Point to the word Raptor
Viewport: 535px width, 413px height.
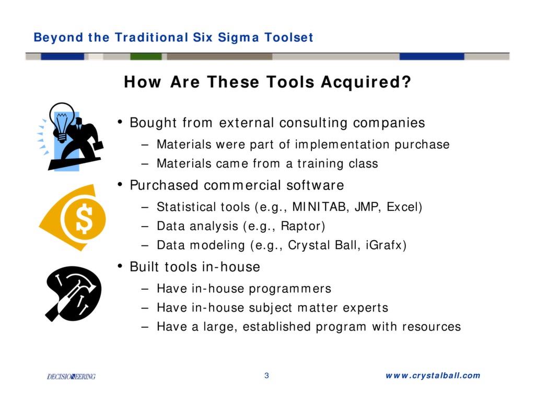click(301, 226)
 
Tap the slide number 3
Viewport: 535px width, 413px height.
click(266, 375)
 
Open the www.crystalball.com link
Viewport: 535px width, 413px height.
click(433, 375)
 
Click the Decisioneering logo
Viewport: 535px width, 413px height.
click(71, 376)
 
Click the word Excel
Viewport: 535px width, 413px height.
click(403, 207)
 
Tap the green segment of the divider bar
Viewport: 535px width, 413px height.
click(146, 56)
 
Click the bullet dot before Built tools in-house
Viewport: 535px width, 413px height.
click(120, 266)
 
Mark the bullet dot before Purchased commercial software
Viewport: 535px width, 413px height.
click(120, 184)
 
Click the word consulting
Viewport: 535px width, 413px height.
click(313, 123)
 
